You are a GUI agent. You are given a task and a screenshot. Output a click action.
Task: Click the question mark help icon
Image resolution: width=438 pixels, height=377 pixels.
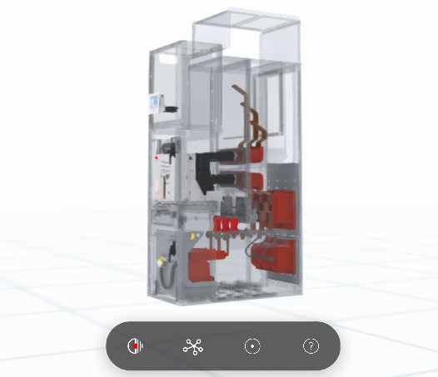pos(311,346)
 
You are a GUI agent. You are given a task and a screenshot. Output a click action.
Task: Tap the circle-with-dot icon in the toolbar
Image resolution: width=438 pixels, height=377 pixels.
pos(252,346)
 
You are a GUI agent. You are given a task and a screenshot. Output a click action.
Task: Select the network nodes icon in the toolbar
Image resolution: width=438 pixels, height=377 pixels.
pos(193,346)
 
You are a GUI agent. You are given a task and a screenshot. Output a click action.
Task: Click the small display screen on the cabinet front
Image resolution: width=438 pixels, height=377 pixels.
pos(153,103)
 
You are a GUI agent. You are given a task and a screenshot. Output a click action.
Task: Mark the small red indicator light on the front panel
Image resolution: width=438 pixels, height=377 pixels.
pos(157,156)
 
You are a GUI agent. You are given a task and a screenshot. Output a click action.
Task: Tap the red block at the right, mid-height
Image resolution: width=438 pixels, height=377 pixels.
pos(284,209)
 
